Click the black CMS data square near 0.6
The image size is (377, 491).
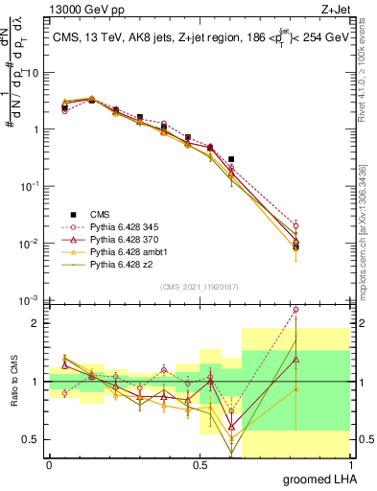click(231, 159)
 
